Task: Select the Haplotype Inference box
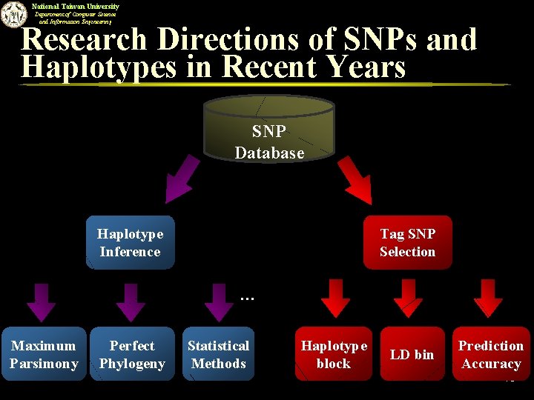130,243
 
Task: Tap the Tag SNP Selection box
407,243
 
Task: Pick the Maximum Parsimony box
44,355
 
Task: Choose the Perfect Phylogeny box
132,355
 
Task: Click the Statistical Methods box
218,355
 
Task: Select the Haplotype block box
334,355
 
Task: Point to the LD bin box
412,355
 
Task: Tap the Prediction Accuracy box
491,355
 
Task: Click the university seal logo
13,15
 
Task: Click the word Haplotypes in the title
99,67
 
